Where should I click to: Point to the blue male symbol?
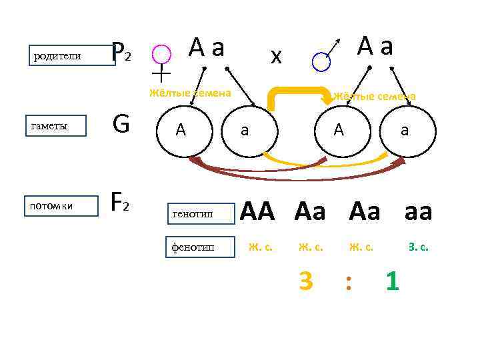click(322, 60)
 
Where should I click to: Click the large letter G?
click(121, 123)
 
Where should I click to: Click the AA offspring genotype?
click(257, 212)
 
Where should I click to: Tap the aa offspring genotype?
click(418, 212)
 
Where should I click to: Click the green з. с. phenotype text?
click(418, 247)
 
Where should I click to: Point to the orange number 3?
click(305, 281)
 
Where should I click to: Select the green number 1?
click(393, 281)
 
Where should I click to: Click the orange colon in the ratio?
click(347, 283)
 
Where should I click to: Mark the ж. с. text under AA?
click(260, 247)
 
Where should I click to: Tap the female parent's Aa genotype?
click(207, 47)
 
